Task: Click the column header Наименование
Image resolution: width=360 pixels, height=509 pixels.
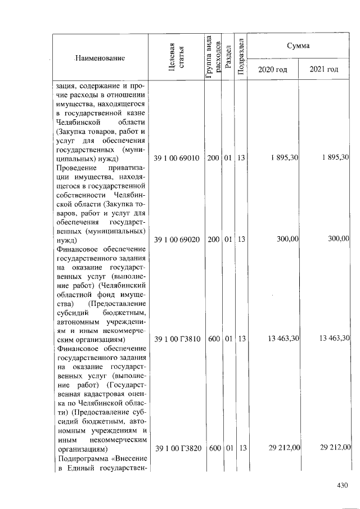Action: pyautogui.click(x=100, y=58)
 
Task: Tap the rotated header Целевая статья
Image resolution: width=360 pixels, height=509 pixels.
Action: pyautogui.click(x=176, y=57)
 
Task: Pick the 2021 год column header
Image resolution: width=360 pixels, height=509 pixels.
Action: pyautogui.click(x=324, y=70)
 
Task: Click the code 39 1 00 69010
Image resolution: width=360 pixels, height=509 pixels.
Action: pyautogui.click(x=177, y=158)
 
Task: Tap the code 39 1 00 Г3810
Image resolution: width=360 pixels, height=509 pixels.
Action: pyautogui.click(x=177, y=339)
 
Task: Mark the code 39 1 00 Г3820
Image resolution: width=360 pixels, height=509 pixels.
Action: pyautogui.click(x=177, y=448)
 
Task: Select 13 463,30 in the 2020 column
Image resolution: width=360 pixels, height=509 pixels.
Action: pyautogui.click(x=282, y=339)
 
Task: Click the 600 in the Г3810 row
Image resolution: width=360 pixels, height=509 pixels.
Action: pyautogui.click(x=213, y=339)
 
